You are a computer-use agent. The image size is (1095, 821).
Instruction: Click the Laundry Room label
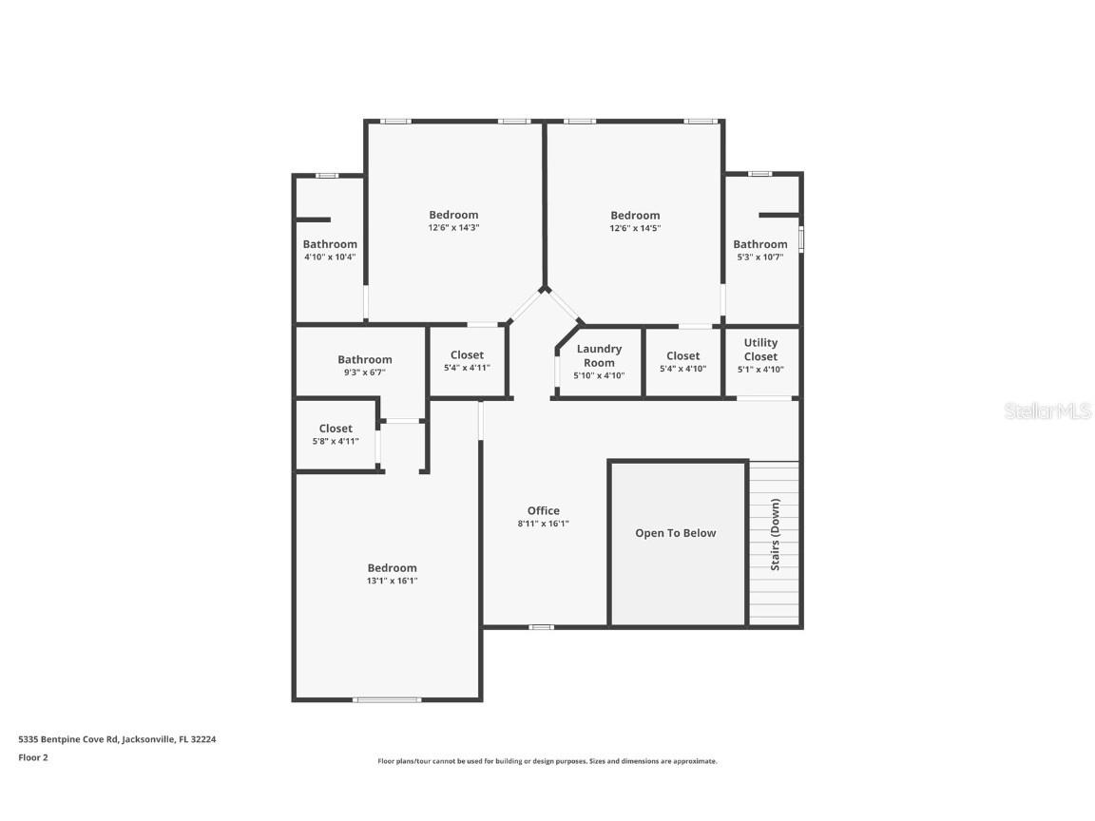tap(599, 355)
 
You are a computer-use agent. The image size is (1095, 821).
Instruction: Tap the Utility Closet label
tap(760, 349)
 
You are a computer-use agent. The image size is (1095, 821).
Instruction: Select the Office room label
tap(544, 510)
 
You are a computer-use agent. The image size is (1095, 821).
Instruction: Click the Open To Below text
tap(676, 533)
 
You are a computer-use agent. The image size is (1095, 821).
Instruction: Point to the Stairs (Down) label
tap(776, 534)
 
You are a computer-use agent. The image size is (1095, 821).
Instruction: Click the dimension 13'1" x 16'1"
tap(393, 581)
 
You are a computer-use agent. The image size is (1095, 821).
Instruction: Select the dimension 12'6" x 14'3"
tap(453, 228)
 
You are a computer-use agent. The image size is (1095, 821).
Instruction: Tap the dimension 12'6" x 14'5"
tap(635, 228)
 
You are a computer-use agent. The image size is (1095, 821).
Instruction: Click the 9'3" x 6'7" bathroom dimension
tap(365, 372)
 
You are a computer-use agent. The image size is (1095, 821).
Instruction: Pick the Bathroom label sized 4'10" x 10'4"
tap(330, 244)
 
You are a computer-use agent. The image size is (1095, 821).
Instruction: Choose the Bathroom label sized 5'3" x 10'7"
tap(760, 244)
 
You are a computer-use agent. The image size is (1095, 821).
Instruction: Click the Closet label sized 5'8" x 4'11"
tap(336, 429)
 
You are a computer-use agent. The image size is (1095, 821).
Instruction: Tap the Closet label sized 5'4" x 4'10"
tap(682, 356)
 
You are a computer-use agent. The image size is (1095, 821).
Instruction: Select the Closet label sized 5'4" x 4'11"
tap(467, 355)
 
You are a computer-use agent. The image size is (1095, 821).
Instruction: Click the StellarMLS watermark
tap(1048, 411)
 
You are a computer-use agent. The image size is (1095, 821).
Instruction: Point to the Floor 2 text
tap(33, 757)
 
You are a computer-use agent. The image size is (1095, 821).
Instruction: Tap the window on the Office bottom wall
tap(542, 627)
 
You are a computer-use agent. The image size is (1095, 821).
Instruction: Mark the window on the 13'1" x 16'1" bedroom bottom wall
tap(387, 700)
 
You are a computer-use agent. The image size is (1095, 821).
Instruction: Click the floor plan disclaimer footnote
tap(547, 761)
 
